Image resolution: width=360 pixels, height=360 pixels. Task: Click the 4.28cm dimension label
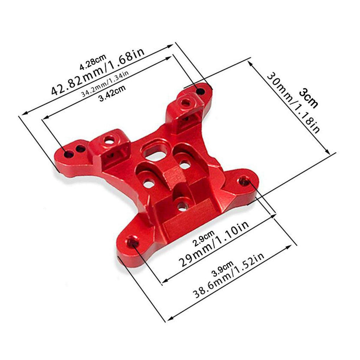point(93,62)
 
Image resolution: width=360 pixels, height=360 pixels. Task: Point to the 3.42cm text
point(112,93)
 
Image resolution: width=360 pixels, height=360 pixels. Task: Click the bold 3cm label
point(309,98)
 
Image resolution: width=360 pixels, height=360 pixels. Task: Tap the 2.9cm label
point(204,238)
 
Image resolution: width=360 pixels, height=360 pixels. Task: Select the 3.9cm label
point(223,269)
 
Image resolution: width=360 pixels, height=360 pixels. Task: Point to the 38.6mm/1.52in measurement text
point(229,275)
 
